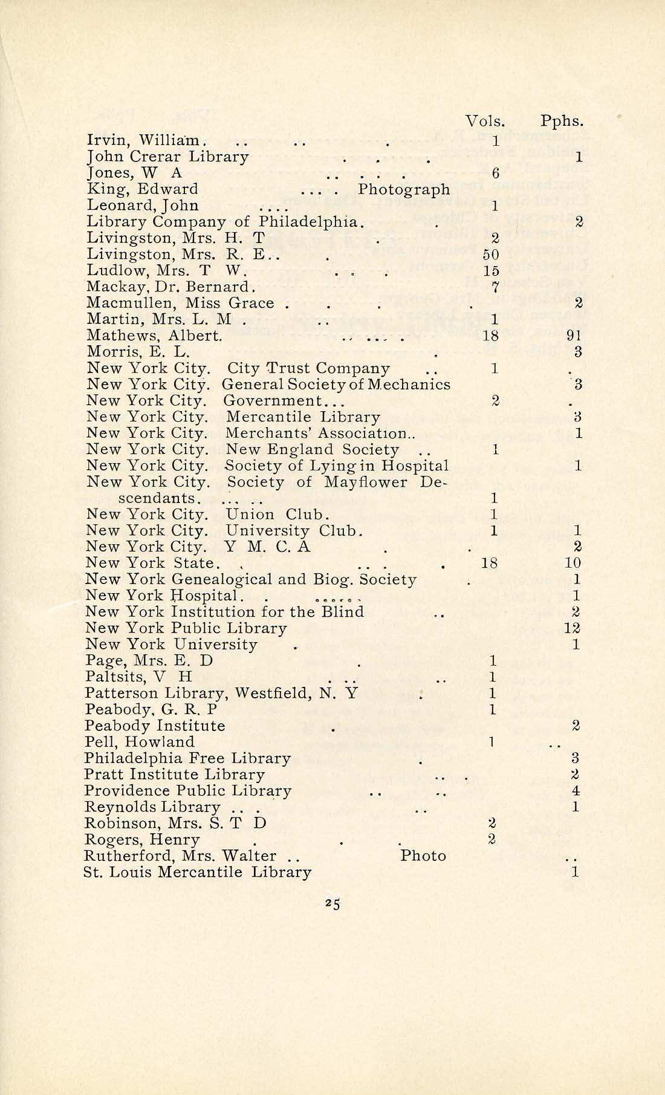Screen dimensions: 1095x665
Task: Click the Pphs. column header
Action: coord(562,121)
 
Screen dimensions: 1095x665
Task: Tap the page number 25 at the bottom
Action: coord(332,904)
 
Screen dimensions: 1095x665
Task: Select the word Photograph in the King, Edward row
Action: coord(404,189)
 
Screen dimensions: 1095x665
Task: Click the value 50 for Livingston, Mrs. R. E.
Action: coord(491,255)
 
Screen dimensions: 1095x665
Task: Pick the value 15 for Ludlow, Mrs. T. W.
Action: coord(491,271)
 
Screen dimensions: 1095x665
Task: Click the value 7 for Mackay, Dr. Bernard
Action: coord(495,287)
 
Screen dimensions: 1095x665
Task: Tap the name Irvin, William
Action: coord(144,141)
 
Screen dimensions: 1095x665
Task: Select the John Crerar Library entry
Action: coord(167,157)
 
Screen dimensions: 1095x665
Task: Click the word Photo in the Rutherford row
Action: coord(423,856)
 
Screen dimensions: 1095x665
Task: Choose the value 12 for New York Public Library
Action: coord(573,628)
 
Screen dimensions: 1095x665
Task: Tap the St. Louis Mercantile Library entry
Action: coord(198,872)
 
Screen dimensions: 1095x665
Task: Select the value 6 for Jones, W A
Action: coord(495,174)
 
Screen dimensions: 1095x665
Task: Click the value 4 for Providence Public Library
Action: coord(576,791)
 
